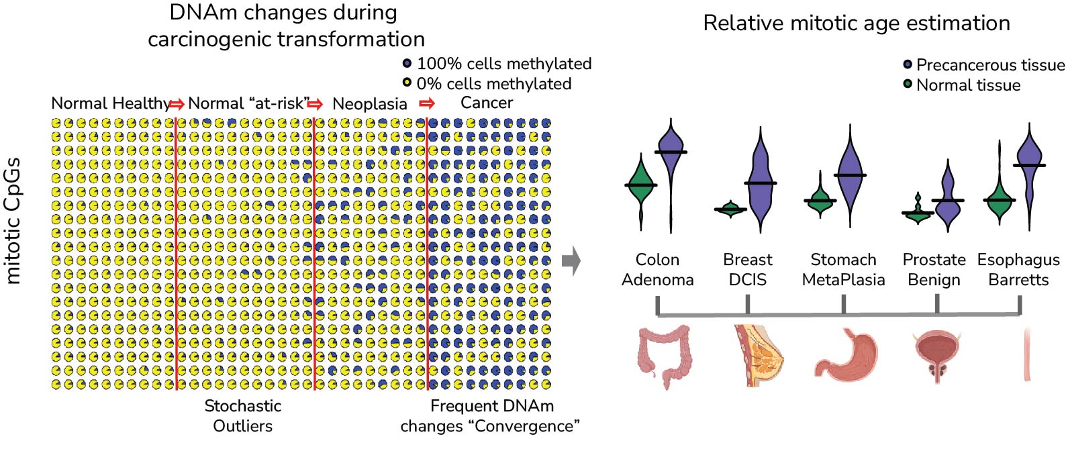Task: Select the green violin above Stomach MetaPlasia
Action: click(x=819, y=201)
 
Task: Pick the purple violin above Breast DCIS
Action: click(x=760, y=185)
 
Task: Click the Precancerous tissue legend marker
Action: click(x=908, y=64)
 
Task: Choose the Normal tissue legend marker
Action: click(x=908, y=85)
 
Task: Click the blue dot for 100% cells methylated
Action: click(x=407, y=63)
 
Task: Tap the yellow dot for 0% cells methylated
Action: click(x=407, y=83)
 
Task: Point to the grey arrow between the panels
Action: click(x=571, y=261)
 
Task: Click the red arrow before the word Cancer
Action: click(x=426, y=103)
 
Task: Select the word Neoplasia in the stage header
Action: click(x=369, y=104)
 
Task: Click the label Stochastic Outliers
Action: click(x=242, y=415)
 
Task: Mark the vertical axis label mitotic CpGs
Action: click(x=13, y=221)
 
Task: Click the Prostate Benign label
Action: click(x=934, y=269)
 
